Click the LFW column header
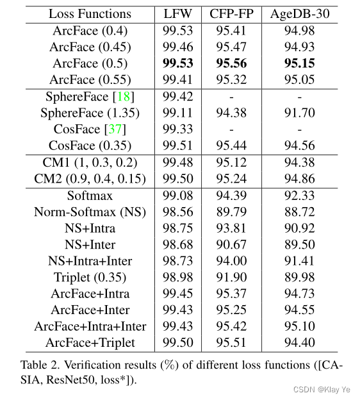pyautogui.click(x=179, y=13)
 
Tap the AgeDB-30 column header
pyautogui.click(x=299, y=13)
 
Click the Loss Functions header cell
pyautogui.click(x=90, y=13)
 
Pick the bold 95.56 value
pyautogui.click(x=231, y=63)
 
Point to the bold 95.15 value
pyautogui.click(x=299, y=63)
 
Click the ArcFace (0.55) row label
pyautogui.click(x=90, y=80)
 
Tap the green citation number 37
pyautogui.click(x=117, y=129)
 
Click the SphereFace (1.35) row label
pyautogui.click(x=90, y=113)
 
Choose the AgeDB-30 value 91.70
pyautogui.click(x=299, y=113)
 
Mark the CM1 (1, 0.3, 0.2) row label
pyautogui.click(x=90, y=163)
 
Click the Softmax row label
pyautogui.click(x=90, y=195)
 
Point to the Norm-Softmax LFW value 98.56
pyautogui.click(x=179, y=212)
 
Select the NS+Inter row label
pyautogui.click(x=90, y=244)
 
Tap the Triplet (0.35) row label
pyautogui.click(x=90, y=277)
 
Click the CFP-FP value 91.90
pyautogui.click(x=231, y=277)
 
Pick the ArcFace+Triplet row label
pyautogui.click(x=90, y=343)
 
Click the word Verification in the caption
pyautogui.click(x=93, y=365)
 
